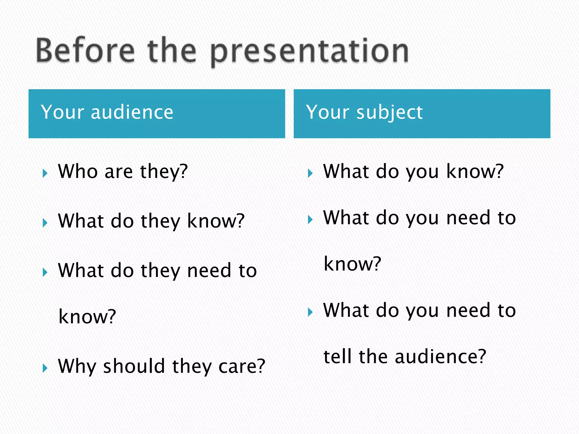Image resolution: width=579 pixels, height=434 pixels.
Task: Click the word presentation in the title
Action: (310, 52)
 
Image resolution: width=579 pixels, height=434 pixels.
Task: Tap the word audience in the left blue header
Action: (132, 112)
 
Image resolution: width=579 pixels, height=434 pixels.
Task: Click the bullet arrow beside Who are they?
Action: (45, 173)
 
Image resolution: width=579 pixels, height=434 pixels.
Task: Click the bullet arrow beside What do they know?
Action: (45, 223)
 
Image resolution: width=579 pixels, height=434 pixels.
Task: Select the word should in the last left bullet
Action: (134, 366)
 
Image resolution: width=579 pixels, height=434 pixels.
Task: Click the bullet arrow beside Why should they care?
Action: (45, 368)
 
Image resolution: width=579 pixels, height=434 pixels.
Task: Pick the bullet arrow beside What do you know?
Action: (310, 173)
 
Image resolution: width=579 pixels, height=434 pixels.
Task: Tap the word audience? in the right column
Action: (440, 356)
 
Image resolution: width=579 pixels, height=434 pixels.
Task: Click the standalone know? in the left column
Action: (87, 316)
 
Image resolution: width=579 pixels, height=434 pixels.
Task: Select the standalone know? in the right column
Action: (352, 264)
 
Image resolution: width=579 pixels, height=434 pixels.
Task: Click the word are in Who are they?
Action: (118, 172)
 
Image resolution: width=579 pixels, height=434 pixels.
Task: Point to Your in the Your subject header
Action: (328, 112)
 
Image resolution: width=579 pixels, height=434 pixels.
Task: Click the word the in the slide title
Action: (172, 51)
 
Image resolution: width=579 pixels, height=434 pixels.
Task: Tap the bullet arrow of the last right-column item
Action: (310, 312)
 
